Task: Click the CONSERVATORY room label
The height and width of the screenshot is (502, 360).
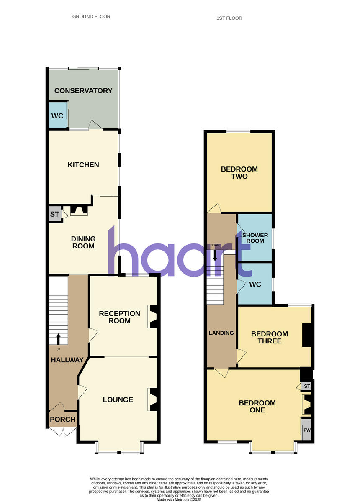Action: tap(83, 91)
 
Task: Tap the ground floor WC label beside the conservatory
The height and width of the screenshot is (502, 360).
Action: tap(57, 116)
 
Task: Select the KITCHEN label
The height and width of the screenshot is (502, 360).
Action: tap(83, 165)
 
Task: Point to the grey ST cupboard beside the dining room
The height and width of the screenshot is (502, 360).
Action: tap(55, 214)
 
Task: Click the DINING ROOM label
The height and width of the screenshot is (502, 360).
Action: tap(83, 243)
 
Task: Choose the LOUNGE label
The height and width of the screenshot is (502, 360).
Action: tap(118, 400)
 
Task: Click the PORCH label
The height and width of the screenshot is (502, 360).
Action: tap(63, 420)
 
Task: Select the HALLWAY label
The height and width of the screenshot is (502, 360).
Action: tap(67, 360)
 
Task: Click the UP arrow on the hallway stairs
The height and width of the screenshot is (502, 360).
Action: tap(58, 338)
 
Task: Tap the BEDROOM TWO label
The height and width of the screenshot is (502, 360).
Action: tap(239, 173)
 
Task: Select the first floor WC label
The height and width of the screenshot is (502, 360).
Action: tap(255, 284)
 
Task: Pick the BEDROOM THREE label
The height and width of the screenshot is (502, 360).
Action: tap(269, 338)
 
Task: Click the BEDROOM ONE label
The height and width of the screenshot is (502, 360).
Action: tap(257, 407)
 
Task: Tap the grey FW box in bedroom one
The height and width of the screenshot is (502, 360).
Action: tap(307, 430)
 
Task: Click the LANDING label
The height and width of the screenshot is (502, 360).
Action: tap(221, 333)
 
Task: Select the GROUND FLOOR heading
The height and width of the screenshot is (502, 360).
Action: tap(91, 17)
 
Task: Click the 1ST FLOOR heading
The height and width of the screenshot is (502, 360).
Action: tap(229, 18)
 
